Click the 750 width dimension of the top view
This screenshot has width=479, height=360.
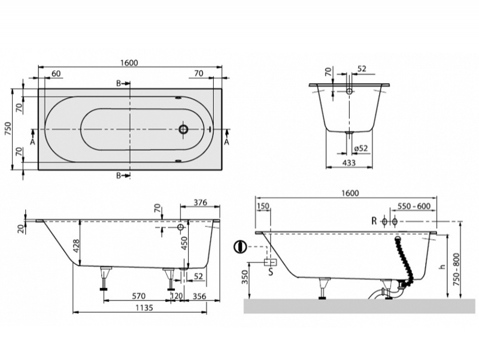pyautogui.click(x=8, y=129)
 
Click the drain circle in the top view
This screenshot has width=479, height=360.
pyautogui.click(x=184, y=129)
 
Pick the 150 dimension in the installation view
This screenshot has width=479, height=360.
pyautogui.click(x=262, y=207)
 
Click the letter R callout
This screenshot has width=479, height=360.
pyautogui.click(x=374, y=222)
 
